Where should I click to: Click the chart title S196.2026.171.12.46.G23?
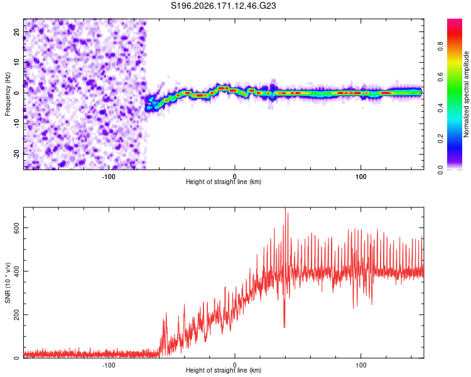(x=223, y=6)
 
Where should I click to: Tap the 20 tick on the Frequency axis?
(x=17, y=32)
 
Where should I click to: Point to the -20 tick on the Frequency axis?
(x=17, y=154)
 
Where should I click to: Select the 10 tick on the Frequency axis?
(x=17, y=63)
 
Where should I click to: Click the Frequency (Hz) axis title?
(x=8, y=94)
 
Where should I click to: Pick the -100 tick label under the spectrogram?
(x=109, y=177)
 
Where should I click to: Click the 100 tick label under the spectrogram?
(x=360, y=177)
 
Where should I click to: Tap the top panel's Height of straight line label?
(x=224, y=182)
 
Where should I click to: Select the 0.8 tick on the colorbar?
(x=440, y=46)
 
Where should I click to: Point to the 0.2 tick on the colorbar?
(x=440, y=139)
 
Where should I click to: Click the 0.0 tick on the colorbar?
(x=440, y=170)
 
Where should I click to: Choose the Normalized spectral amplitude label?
(x=466, y=94)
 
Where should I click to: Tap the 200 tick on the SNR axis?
(x=17, y=315)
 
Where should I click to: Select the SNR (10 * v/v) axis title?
(x=8, y=283)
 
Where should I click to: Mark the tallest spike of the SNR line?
(x=285, y=208)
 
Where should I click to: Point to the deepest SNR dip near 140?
(x=284, y=327)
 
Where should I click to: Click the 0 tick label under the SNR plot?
(x=235, y=365)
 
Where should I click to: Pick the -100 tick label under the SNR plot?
(x=109, y=365)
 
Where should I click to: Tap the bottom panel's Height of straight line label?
(x=224, y=370)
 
